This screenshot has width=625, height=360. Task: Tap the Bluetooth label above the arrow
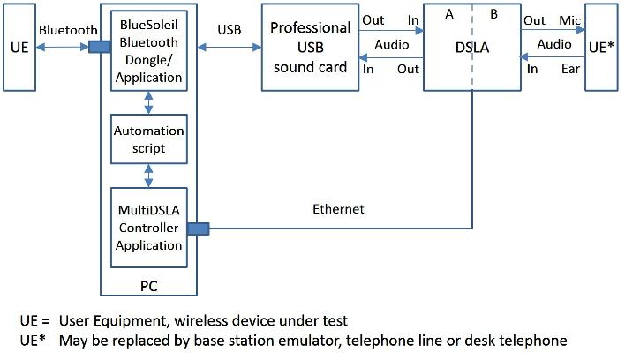click(68, 30)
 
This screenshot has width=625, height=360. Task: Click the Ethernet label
click(339, 210)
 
